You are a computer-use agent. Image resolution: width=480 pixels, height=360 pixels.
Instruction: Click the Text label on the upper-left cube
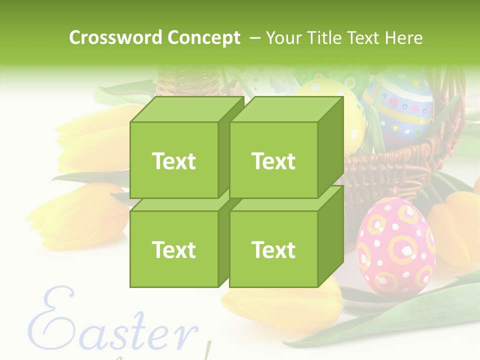coord(173,161)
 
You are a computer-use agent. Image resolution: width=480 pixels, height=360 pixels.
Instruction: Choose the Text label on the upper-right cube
coord(273,161)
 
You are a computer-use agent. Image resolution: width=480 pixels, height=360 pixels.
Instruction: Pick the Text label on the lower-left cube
coord(173,249)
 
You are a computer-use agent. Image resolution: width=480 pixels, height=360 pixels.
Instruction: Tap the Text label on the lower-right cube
coord(273,249)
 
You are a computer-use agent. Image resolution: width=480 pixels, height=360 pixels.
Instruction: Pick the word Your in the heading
coord(283,38)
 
